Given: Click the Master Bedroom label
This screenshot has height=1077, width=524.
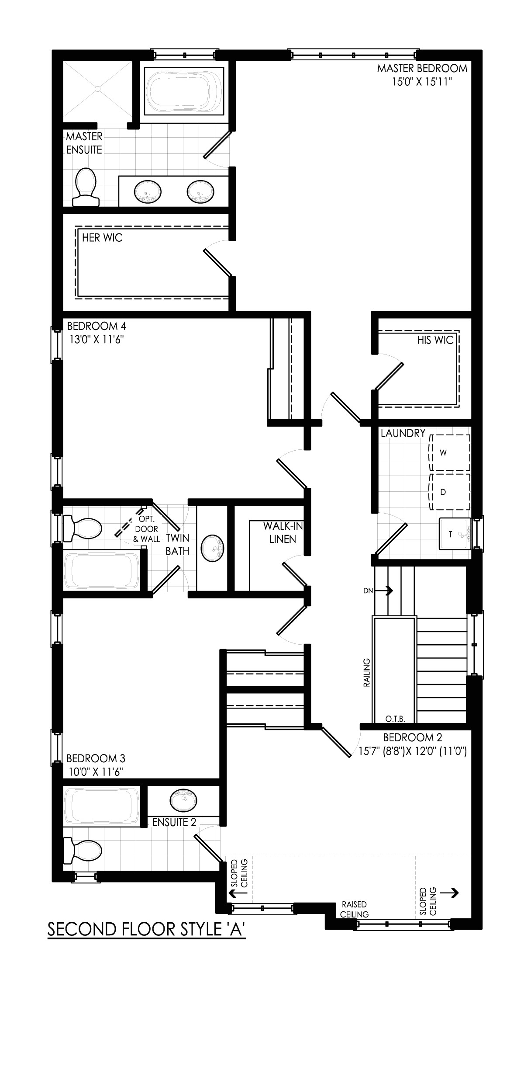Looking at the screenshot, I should coord(422,69).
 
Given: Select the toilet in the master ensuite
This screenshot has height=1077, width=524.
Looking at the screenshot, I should coord(86,188).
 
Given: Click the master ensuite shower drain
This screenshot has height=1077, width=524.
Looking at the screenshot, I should coord(98,89).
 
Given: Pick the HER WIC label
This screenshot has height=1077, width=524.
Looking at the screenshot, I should coord(102,238).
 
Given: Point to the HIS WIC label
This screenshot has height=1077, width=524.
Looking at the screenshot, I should coord(435,340).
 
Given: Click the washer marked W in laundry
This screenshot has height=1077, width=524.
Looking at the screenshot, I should coord(450,453).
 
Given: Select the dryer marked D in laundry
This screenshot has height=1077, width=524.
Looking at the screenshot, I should coord(450,492).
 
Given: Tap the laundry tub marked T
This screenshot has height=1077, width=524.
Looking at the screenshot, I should coord(455,534).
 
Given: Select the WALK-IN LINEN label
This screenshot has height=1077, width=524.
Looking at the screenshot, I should coord(283,532).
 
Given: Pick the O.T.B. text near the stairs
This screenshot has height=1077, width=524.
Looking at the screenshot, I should coord(396,719).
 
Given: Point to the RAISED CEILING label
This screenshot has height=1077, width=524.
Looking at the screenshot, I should coord(354,909).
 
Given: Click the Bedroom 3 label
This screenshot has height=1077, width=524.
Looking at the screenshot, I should coord(96,758).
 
